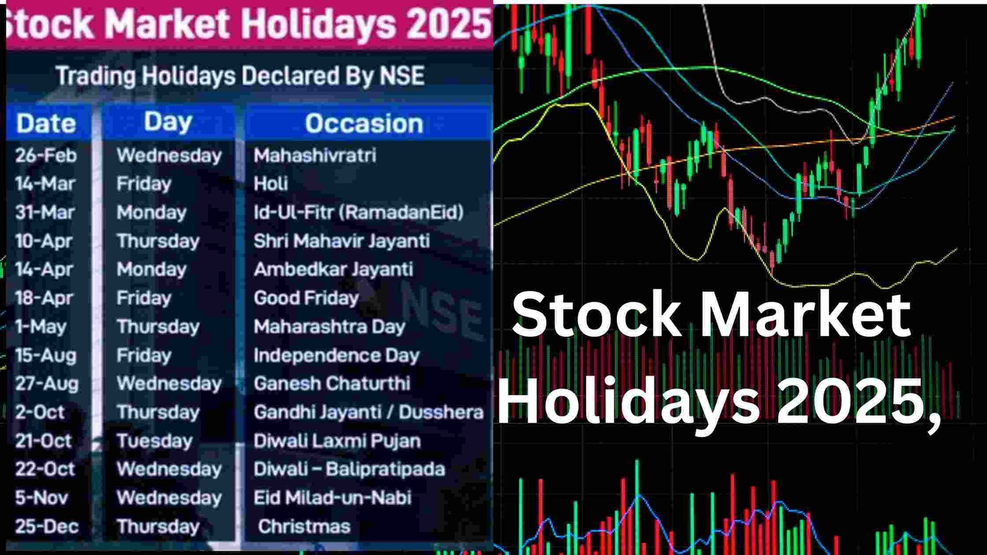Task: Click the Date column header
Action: (46, 124)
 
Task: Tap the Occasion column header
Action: (364, 124)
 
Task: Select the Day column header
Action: (168, 123)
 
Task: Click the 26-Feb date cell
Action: (46, 155)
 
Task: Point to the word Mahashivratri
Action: (315, 155)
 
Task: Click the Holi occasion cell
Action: (271, 184)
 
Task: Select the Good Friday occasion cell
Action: (306, 298)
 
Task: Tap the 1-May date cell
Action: (41, 327)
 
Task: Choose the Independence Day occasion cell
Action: (336, 355)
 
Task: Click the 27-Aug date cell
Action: (47, 384)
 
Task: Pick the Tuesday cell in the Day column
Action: (154, 441)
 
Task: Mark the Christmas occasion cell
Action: (304, 527)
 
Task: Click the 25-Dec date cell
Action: (47, 527)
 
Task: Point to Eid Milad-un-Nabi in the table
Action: (332, 498)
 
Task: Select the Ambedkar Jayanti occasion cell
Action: (333, 269)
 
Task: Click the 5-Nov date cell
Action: (41, 498)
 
